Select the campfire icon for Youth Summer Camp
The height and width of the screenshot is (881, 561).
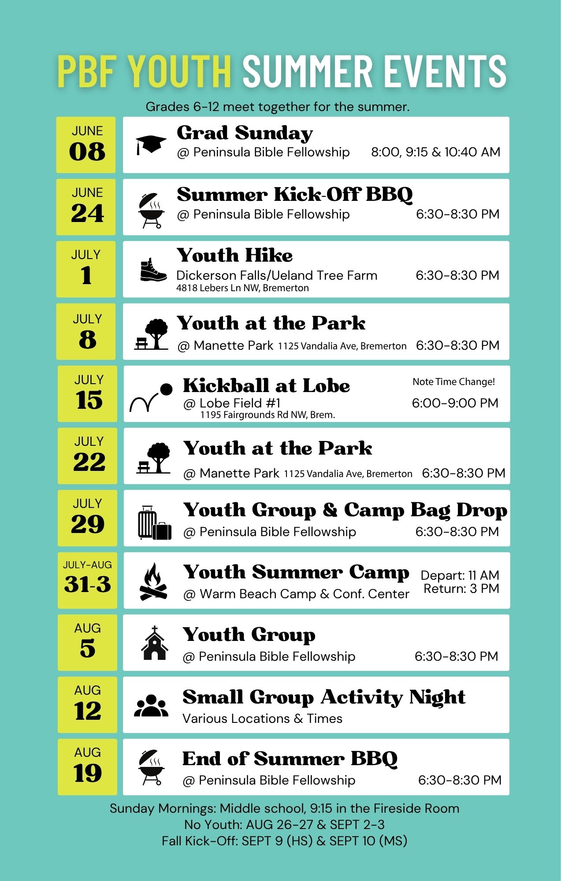[x=153, y=581]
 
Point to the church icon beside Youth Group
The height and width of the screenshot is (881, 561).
[x=154, y=643]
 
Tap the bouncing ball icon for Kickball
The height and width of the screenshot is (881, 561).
[x=151, y=397]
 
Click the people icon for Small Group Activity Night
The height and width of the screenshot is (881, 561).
[x=151, y=706]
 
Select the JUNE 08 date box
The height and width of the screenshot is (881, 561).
[x=86, y=145]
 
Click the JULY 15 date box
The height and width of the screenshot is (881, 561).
[x=87, y=394]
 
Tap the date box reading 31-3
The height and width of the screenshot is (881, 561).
[x=87, y=581]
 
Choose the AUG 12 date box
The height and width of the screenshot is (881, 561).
[x=87, y=705]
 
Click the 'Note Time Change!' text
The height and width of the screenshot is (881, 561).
[x=453, y=382]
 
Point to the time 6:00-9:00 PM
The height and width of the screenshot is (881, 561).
[x=455, y=403]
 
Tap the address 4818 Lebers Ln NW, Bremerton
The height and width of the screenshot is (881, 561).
[x=242, y=288]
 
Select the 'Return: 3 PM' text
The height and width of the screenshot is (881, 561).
[x=461, y=589]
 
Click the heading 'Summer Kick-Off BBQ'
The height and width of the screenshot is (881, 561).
[x=295, y=194]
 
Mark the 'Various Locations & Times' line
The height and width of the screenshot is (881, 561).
[x=262, y=718]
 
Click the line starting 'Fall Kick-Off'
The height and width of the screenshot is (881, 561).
[x=284, y=841]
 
